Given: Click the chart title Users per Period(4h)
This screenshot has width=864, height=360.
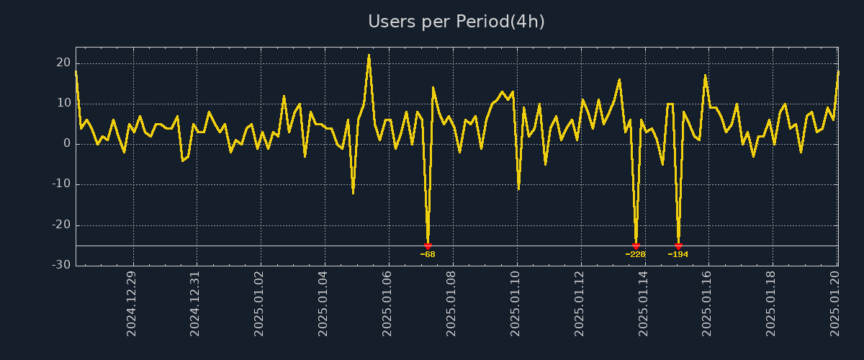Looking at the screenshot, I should (456, 22).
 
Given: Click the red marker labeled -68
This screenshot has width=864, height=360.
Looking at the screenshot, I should (428, 246).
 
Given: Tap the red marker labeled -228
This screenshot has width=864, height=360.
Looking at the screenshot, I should (636, 246).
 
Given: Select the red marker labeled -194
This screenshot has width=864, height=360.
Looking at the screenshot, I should (678, 246).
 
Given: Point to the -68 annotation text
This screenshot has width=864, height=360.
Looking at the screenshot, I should (428, 254).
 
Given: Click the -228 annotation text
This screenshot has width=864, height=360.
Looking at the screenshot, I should (635, 254).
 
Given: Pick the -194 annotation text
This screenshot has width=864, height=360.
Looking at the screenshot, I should (678, 254).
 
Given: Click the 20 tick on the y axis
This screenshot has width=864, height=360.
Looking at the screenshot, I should (63, 63).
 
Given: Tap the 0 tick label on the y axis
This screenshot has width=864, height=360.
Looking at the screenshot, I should (67, 144).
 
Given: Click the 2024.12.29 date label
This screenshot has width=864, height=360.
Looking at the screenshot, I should (131, 303).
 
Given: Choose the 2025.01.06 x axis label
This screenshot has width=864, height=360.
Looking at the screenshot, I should (387, 303).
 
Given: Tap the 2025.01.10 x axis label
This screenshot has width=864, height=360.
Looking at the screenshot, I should (516, 303).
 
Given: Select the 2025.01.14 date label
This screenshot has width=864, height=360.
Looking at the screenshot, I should (644, 303).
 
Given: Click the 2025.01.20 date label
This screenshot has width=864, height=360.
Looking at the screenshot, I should (836, 303).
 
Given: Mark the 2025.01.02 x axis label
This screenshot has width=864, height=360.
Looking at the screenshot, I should (259, 303).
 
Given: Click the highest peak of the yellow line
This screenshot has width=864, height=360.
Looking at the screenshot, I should (369, 55).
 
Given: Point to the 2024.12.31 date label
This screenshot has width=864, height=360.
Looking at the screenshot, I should (195, 303).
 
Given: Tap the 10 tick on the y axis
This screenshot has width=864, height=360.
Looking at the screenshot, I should (63, 103).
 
